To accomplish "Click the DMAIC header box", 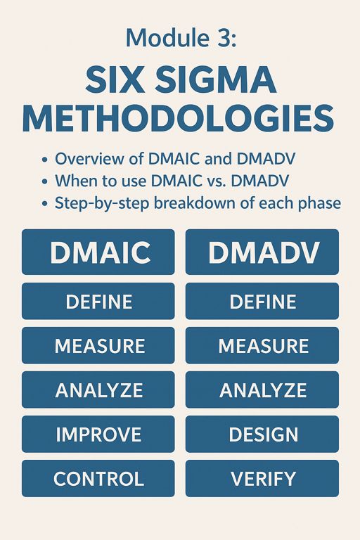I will pos(98,252).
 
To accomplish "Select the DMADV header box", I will pos(262,252).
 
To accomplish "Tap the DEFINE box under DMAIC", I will pos(98,302).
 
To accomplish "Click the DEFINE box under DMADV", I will pos(262,302).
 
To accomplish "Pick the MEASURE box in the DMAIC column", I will pos(98,346).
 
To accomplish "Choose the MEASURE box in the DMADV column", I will pos(262,346).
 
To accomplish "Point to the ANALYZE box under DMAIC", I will pos(98,390).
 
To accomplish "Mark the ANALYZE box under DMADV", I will pos(262,390).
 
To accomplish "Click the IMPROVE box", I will pos(98,435).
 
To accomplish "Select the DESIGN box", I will pos(262,435).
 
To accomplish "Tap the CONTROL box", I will pos(98,479).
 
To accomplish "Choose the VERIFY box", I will pos(262,479).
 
